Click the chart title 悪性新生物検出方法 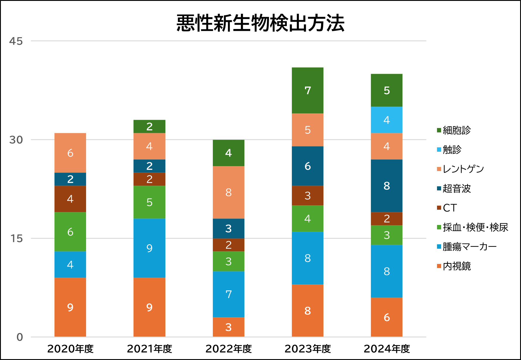click(260, 23)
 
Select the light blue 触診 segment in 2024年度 click(386, 120)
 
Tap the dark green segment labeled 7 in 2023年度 click(307, 90)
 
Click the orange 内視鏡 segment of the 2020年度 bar click(70, 307)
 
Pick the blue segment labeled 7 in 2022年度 click(228, 294)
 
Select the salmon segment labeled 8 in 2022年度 click(228, 192)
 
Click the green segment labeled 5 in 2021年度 click(149, 202)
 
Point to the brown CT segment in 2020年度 click(70, 199)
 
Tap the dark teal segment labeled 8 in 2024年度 click(386, 186)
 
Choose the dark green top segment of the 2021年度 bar click(149, 126)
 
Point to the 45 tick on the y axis click(16, 41)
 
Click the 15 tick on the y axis click(16, 238)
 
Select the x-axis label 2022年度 click(228, 349)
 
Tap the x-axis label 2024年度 click(386, 349)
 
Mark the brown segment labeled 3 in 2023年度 click(307, 195)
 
